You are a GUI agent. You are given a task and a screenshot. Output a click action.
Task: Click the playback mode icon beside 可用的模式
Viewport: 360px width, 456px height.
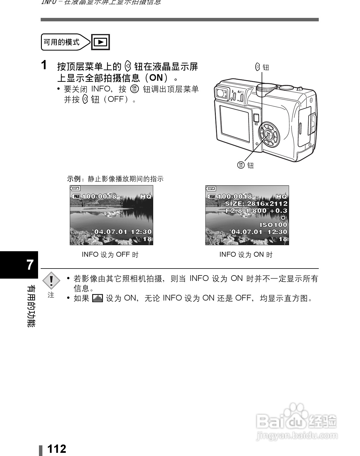click(100, 42)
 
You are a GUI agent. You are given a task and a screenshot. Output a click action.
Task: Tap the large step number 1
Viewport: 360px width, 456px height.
click(44, 65)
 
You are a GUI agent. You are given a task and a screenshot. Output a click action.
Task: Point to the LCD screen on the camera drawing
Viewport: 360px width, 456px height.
click(234, 124)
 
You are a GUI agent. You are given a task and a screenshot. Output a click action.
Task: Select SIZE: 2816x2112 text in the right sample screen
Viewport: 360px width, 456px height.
click(256, 204)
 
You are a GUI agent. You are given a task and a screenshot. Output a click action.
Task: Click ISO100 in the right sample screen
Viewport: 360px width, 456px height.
click(273, 225)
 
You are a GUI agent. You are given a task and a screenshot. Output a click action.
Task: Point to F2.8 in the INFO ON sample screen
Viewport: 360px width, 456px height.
click(234, 211)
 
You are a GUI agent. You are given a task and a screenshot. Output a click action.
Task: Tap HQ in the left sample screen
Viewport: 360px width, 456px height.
click(146, 196)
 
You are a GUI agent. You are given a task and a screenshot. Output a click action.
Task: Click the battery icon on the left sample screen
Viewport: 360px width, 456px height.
click(76, 188)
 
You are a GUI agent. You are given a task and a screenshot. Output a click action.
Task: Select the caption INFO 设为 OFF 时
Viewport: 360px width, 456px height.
click(110, 255)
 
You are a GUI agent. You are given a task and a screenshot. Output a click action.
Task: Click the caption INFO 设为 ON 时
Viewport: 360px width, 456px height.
click(246, 255)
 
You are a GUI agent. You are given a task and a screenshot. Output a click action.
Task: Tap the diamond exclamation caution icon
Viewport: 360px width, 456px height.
click(51, 280)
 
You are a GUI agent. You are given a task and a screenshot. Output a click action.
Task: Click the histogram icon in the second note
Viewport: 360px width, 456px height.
click(97, 298)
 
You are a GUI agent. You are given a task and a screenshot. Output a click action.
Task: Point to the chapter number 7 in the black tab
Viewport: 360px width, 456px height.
click(30, 265)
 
